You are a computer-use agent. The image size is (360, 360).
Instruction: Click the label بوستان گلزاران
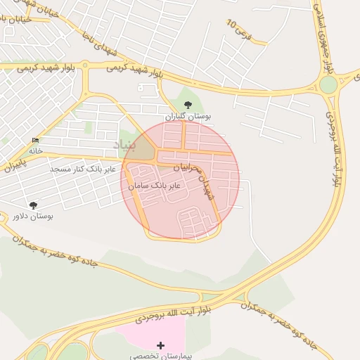(x=188, y=115)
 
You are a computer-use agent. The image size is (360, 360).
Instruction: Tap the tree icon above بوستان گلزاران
(x=187, y=104)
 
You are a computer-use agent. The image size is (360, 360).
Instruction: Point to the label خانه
(x=36, y=150)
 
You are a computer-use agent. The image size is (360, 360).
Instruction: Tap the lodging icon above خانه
(x=35, y=141)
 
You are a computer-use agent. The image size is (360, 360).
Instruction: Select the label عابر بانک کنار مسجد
(x=78, y=169)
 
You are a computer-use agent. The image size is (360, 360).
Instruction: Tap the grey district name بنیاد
(x=124, y=146)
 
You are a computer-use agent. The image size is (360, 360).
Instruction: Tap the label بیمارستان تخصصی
(x=162, y=356)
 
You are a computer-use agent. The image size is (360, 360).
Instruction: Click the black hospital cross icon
(x=161, y=345)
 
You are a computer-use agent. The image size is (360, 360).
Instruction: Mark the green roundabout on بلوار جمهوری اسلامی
(x=328, y=85)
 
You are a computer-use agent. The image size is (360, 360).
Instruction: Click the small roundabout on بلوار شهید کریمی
(x=85, y=66)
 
